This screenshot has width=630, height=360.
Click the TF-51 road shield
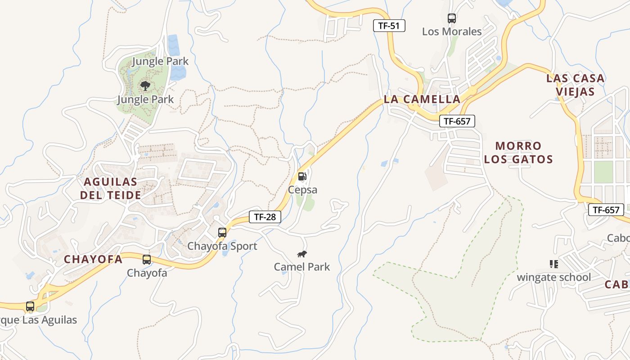point(389,26)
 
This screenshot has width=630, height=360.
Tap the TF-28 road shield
point(265,217)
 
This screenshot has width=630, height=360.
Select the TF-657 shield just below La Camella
point(457,121)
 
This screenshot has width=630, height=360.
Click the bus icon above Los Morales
point(452,18)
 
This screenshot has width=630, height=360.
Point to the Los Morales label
point(452,31)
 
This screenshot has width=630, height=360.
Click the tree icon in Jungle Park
point(145,85)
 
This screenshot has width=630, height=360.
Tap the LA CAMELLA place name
point(422,99)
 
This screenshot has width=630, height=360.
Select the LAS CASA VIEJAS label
point(575,85)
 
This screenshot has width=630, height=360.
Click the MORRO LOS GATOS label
point(524,153)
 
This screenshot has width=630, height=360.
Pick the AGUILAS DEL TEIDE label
point(110,189)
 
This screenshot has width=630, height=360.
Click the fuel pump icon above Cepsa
point(302,176)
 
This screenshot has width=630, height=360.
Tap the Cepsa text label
point(302,190)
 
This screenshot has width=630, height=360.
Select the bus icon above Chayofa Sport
point(222,233)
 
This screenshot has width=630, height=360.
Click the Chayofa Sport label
point(222,246)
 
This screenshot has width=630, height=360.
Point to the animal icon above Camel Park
point(302,254)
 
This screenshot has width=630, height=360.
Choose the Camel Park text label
point(302,267)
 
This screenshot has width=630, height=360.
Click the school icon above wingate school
point(553,264)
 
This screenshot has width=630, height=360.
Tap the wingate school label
point(553,277)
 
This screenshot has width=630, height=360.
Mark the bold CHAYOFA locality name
point(93,259)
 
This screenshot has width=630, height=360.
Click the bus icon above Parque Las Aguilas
point(30,306)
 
